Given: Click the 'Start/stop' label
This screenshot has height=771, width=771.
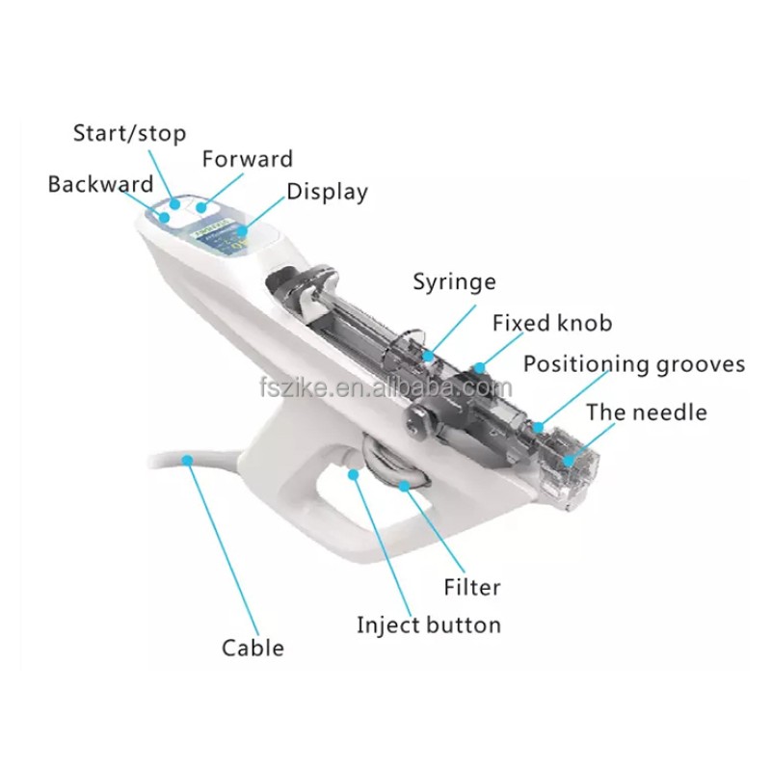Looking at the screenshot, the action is [129, 133].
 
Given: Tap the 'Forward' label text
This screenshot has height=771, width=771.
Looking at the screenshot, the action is [247, 158].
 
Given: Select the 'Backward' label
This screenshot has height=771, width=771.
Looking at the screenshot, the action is [100, 183].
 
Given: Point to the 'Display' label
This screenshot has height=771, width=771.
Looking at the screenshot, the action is [327, 192].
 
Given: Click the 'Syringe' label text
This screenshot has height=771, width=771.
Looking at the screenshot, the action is [454, 282].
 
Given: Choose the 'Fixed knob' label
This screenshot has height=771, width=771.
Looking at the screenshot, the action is [551, 323].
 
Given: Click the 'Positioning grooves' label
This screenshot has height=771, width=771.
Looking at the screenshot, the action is [634, 364].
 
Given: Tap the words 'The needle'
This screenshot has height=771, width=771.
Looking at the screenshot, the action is [646, 412].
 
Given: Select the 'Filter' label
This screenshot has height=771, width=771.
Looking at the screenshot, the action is [472, 586].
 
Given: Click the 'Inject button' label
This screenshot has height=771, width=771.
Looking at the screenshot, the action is [429, 625].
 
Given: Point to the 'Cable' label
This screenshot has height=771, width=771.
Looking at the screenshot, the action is [253, 647].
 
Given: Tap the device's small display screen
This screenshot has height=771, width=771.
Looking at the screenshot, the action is [224, 236].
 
